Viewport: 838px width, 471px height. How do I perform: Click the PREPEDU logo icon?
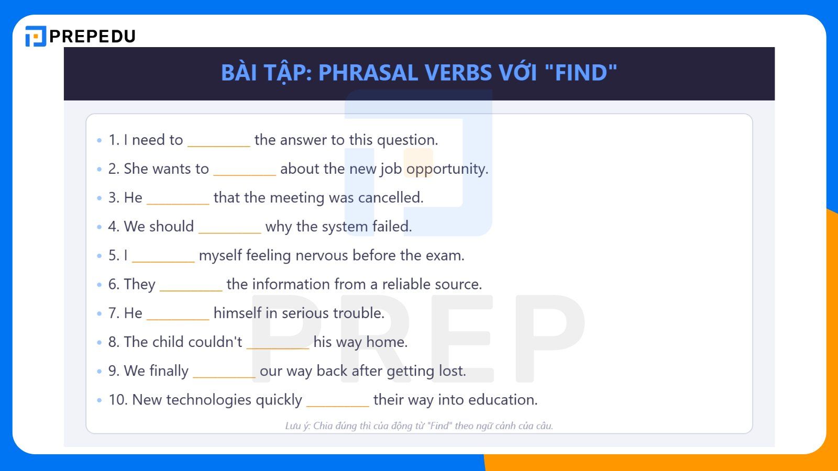tap(36, 36)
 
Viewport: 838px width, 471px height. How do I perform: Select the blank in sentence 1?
tap(219, 141)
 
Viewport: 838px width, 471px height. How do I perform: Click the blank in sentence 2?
tap(245, 170)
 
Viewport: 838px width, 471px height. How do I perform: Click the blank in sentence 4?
tap(230, 228)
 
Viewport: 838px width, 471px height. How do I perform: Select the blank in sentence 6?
tap(191, 285)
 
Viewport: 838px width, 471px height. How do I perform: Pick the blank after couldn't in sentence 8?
tap(278, 343)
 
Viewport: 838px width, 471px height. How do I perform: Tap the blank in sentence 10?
tap(338, 401)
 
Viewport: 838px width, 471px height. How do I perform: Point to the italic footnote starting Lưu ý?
tap(419, 426)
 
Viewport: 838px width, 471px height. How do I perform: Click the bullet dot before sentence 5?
tap(99, 256)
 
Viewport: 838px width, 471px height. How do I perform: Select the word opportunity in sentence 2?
tap(447, 169)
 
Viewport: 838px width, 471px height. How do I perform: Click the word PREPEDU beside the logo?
tap(93, 36)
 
